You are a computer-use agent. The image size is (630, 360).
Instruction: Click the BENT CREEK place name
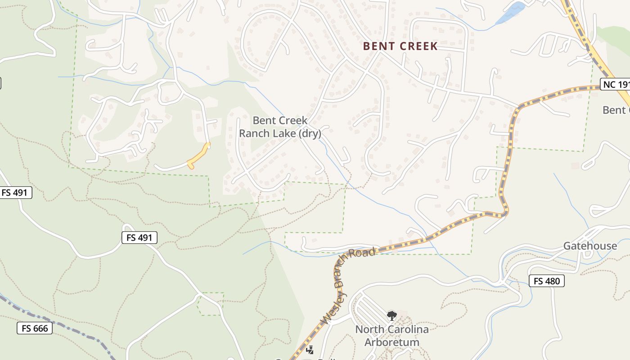[x=400, y=46]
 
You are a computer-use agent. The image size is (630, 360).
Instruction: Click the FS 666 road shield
[x=35, y=328]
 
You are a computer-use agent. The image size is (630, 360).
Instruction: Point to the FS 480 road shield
[x=547, y=281]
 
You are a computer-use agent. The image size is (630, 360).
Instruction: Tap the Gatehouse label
[x=590, y=246]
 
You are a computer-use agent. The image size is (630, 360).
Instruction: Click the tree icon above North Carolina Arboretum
[x=391, y=315]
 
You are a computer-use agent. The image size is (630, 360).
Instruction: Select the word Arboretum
[x=391, y=342]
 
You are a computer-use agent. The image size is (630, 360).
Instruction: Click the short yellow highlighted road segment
[x=198, y=155]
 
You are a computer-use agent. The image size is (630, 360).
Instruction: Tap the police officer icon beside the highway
[x=310, y=350]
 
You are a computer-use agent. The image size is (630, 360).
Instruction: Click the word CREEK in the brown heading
[x=418, y=46]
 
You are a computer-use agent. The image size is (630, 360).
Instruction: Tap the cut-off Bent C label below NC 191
[x=616, y=110]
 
